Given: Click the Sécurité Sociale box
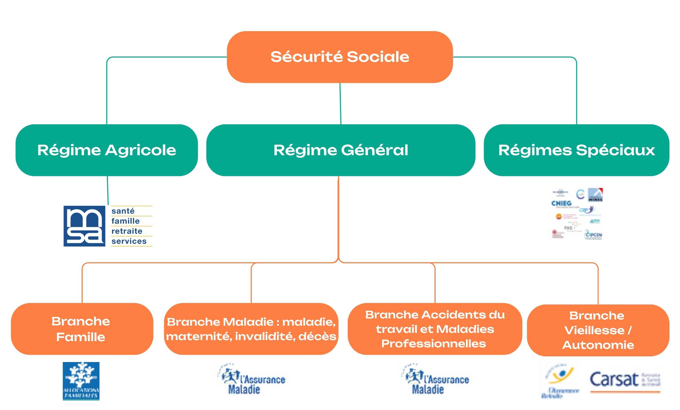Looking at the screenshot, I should point(340,57).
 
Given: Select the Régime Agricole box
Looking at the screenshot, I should point(107,150).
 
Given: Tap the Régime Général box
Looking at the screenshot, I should point(341,150).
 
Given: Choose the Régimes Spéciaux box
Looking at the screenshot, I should point(576,150).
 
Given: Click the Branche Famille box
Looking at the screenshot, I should point(82,329).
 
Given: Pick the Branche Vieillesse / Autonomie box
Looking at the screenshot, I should point(598,330).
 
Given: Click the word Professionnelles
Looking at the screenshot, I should point(433,344).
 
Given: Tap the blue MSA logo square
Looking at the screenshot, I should point(84,226).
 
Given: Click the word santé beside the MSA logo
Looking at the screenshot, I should point(123,211).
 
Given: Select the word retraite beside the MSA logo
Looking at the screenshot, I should point(127,231).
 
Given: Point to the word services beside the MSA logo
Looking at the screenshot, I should point(129,241).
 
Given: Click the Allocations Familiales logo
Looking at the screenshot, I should point(81,381).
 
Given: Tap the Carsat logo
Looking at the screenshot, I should point(625,380).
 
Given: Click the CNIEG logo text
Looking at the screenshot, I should point(561,203).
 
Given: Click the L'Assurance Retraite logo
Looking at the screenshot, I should point(560,381).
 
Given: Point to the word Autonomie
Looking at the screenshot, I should point(598,345).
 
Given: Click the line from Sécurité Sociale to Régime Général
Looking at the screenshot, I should point(340,104).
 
